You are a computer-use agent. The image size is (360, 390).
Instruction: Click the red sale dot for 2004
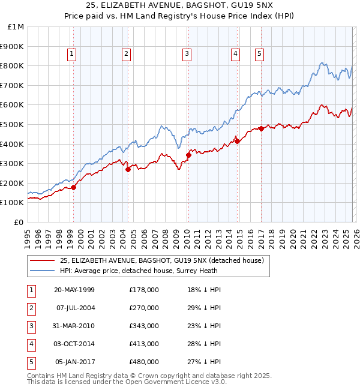(128, 169)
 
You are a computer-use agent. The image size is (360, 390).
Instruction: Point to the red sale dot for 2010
(188, 155)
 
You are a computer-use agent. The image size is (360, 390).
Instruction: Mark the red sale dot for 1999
(74, 187)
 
